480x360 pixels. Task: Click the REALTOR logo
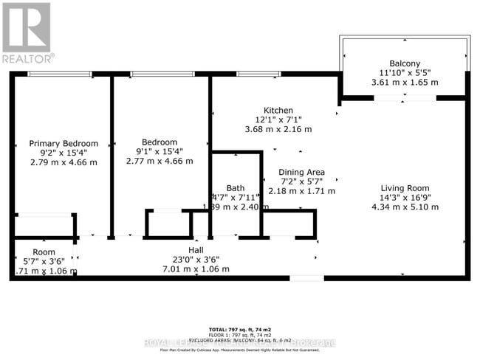tap(27, 32)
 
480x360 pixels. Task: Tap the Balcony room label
tap(404, 63)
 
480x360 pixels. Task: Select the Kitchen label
tap(278, 110)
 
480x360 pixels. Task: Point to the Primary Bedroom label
tap(64, 143)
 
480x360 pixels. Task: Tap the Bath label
tap(236, 187)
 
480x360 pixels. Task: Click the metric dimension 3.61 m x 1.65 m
tap(404, 83)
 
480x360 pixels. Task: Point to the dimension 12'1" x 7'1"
tap(278, 120)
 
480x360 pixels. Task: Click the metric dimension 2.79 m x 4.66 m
tap(64, 162)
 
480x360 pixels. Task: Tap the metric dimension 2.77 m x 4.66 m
tap(160, 161)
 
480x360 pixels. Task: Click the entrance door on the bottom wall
tap(306, 277)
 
